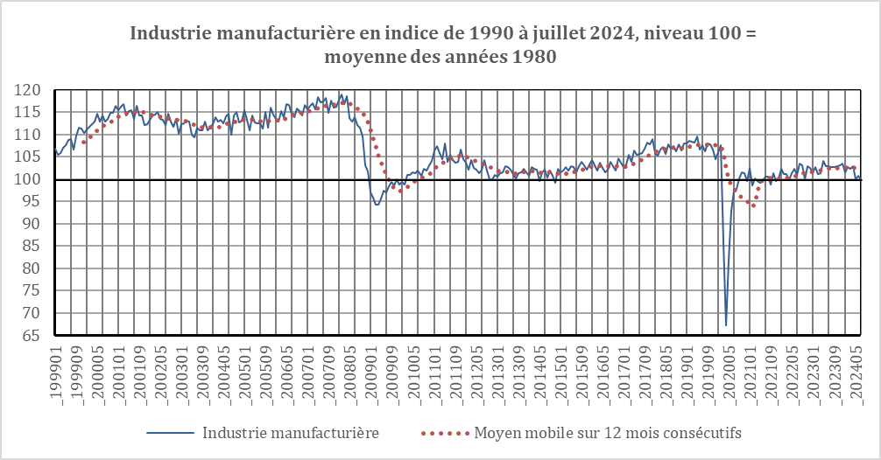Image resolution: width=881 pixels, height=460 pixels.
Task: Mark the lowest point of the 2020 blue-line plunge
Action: click(726, 325)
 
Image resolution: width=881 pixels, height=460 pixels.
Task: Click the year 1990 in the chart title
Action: click(487, 34)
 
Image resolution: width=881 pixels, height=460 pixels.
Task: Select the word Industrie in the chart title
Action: click(167, 34)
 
